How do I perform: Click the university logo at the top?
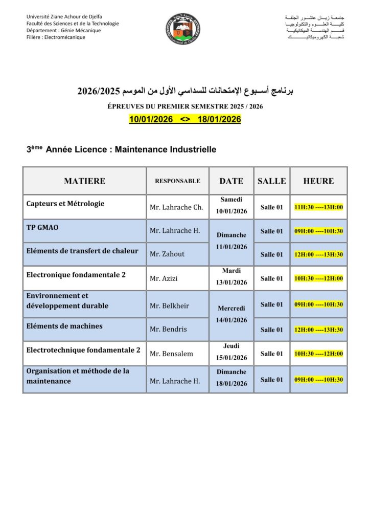pos(183,28)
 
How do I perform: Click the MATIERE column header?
pos(85,181)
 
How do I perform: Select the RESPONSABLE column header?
pos(177,181)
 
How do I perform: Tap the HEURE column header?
pos(318,181)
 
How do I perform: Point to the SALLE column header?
pos(272,181)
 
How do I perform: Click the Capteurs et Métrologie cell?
pos(65,203)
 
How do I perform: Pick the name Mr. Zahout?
pos(167,254)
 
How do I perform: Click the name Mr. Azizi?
pos(164,278)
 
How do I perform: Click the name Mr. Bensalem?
pos(171,354)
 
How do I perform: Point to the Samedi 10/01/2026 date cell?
pos(231,205)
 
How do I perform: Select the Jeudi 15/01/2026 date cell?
pos(231,352)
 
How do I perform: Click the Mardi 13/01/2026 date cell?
pos(231,276)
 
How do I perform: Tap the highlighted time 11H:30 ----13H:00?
pos(318,207)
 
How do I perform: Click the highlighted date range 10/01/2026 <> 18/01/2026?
pos(185,119)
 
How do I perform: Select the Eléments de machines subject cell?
pos(64,326)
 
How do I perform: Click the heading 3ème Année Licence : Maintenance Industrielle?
pos(121,149)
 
